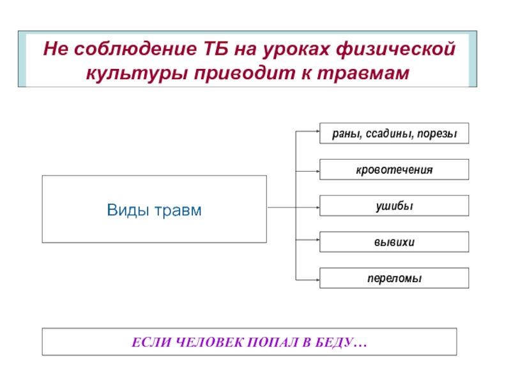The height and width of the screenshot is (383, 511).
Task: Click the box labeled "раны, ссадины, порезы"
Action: tap(394, 133)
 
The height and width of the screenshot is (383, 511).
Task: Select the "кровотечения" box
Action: tap(394, 170)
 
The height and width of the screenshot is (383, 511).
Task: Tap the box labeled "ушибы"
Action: tap(394, 206)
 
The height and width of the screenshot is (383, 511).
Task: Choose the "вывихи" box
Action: tap(394, 242)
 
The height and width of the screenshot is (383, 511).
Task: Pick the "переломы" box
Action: tap(394, 278)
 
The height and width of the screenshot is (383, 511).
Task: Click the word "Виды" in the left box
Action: tap(125, 209)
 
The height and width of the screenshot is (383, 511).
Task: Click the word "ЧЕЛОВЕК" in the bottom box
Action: tap(197, 342)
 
